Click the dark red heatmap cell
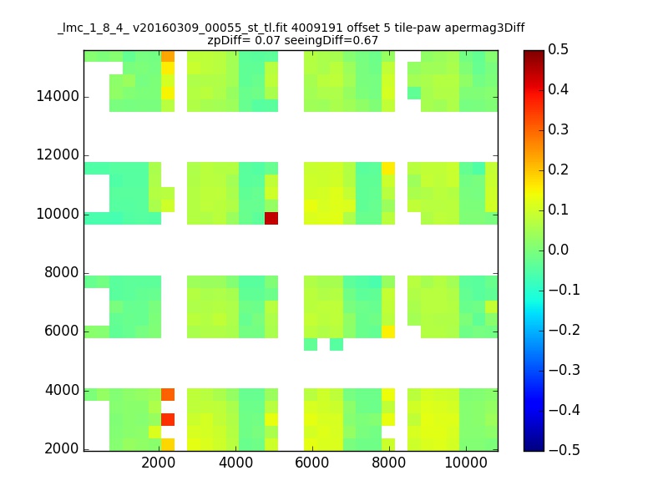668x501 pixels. click(271, 218)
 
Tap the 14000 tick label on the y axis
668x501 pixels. click(58, 96)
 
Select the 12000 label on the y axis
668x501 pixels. click(58, 154)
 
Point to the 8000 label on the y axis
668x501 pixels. click(62, 272)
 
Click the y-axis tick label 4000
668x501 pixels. click(62, 390)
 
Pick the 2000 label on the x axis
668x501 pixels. click(159, 463)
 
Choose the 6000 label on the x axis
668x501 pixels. click(312, 463)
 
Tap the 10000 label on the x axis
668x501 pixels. click(466, 463)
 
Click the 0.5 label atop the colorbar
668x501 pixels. click(558, 49)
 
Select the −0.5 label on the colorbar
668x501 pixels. click(564, 450)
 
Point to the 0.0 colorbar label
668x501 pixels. click(558, 250)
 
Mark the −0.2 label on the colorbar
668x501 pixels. click(564, 330)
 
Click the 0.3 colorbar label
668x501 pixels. click(558, 129)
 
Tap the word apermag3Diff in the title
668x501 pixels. click(485, 28)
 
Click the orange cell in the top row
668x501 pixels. click(168, 56)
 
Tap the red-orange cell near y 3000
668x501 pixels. click(168, 420)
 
